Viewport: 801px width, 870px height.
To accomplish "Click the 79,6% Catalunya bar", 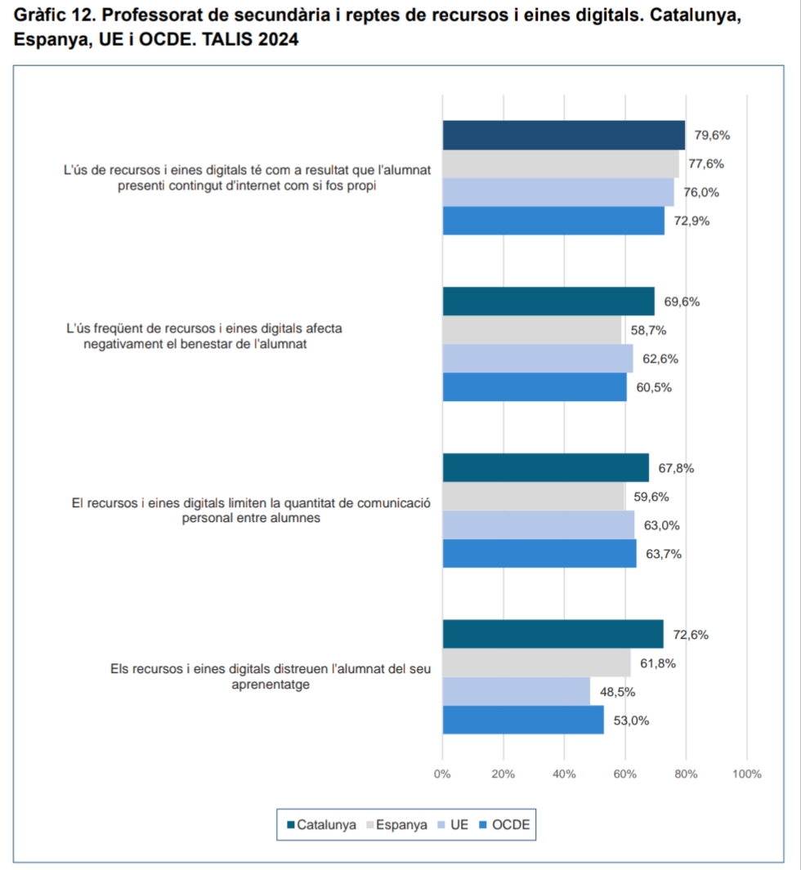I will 563,135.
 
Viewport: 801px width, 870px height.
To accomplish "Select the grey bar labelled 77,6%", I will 560,163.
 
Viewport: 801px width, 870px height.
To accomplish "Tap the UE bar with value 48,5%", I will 516,691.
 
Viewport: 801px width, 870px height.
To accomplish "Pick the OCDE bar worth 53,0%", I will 523,720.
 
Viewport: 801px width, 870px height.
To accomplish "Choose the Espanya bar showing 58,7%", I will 531,330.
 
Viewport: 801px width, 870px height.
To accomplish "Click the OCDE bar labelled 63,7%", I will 539,553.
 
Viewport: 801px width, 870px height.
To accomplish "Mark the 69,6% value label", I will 682,301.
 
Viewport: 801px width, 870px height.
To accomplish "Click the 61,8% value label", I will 658,663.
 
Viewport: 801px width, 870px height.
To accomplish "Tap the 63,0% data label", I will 662,525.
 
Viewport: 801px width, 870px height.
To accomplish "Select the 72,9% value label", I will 691,221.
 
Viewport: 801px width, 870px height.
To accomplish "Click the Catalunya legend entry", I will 321,825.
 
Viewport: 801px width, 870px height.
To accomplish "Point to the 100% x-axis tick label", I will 747,774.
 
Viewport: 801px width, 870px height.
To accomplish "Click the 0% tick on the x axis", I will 442,774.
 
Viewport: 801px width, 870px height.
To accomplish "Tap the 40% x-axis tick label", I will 564,774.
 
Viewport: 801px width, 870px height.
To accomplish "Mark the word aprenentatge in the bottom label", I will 271,685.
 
